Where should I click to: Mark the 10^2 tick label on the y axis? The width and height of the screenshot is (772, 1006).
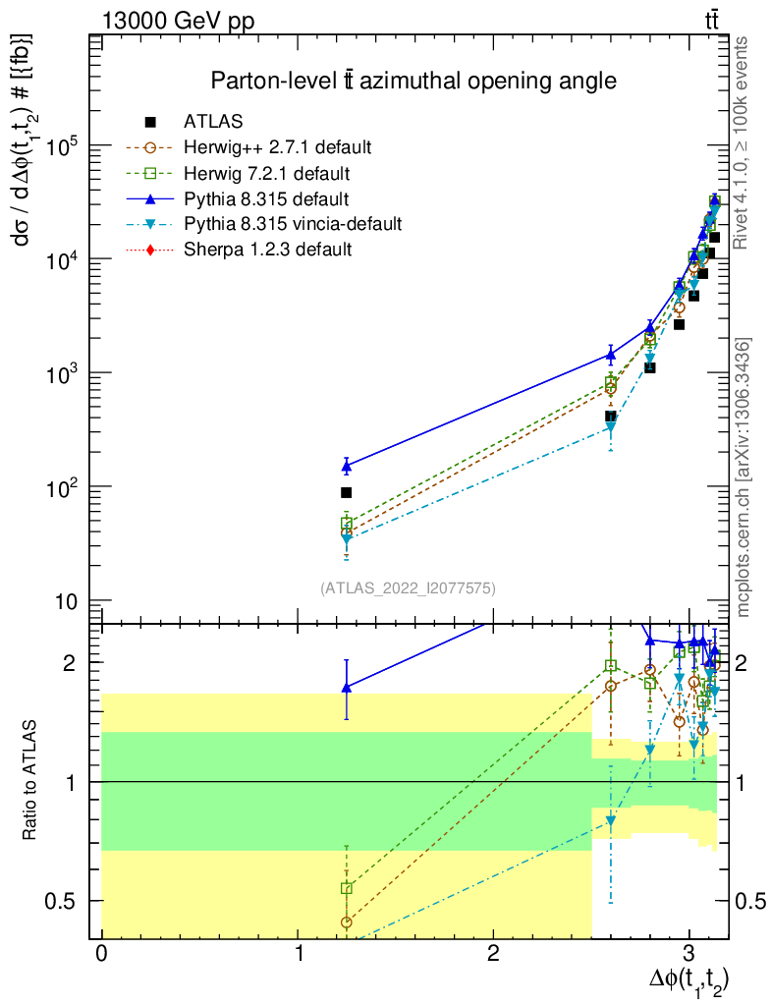65,487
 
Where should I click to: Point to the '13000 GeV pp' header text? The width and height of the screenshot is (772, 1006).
177,20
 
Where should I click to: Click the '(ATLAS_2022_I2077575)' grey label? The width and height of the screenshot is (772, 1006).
408,588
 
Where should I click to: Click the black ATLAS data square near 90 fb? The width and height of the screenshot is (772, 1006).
346,492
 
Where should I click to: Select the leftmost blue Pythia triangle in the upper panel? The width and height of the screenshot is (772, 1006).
346,465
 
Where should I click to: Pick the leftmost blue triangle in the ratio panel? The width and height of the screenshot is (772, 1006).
346,688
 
